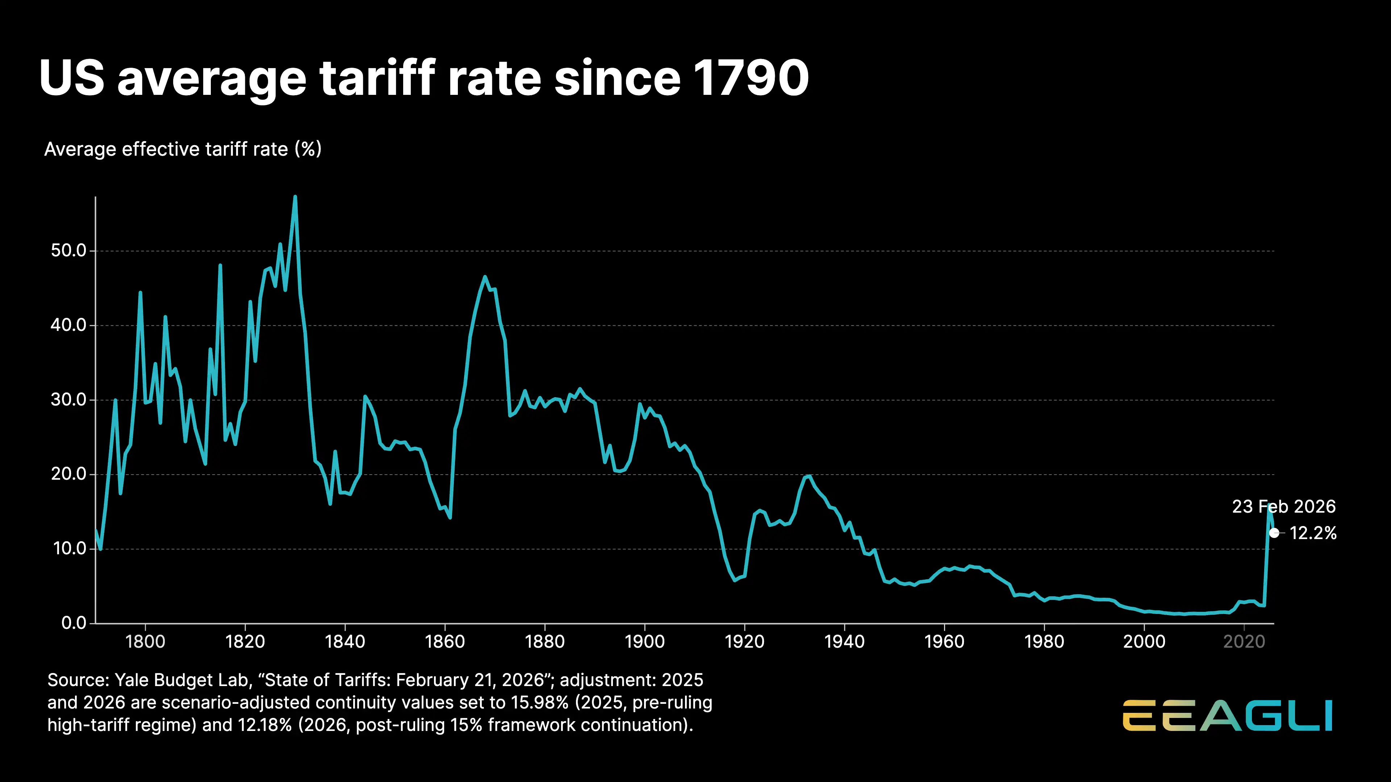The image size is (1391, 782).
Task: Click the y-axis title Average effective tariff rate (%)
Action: [x=183, y=149]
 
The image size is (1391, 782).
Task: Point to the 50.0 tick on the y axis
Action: [x=68, y=251]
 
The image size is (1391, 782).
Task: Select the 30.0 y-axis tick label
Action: [x=68, y=400]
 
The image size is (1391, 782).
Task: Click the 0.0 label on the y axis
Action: [x=74, y=623]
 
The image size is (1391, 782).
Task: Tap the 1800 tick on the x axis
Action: [x=145, y=642]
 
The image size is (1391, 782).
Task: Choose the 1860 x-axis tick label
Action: [x=444, y=642]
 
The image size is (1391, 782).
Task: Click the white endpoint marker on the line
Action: [x=1274, y=533]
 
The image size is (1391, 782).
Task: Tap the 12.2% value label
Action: [x=1313, y=533]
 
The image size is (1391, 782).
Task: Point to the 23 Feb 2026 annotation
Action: [x=1283, y=507]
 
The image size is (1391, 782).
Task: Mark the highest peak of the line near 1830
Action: [x=295, y=198]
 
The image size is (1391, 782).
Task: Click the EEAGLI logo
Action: [x=1227, y=716]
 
